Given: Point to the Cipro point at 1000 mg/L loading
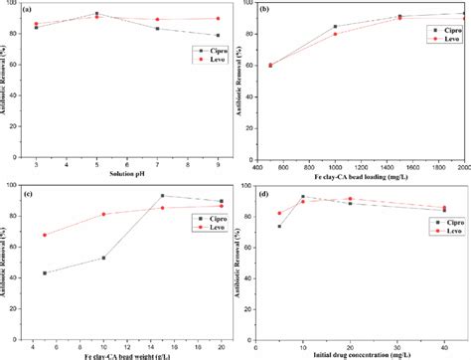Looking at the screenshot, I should (335, 27).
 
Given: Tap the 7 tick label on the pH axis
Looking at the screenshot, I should (160, 162).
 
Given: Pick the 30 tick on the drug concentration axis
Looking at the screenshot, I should (391, 341).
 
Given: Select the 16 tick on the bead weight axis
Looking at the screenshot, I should (172, 341).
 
